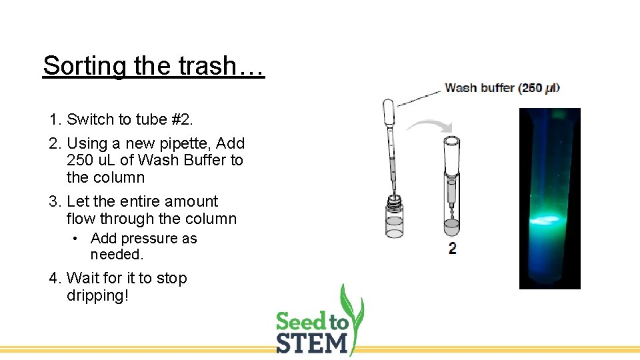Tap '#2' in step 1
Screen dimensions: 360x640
coord(175,120)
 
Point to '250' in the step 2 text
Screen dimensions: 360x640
coord(80,161)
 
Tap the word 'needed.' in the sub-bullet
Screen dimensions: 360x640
coord(117,255)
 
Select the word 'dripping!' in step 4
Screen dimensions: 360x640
coord(97,295)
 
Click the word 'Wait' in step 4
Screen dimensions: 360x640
coord(83,279)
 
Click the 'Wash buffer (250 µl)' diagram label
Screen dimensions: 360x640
coord(502,87)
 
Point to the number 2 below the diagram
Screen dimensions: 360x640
coord(453,249)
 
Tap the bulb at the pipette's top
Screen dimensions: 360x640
coord(389,112)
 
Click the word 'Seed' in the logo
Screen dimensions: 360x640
coord(301,323)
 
